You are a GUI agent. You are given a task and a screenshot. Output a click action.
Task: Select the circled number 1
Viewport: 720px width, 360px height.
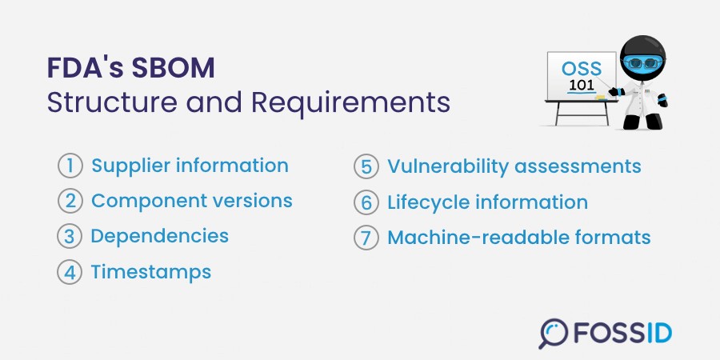click(70, 166)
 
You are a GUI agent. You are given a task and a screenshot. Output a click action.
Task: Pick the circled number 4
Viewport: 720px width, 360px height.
click(70, 272)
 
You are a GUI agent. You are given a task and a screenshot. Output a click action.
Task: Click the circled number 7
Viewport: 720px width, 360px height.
click(366, 238)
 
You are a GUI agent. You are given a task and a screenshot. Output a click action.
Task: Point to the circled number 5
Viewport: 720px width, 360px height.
click(366, 166)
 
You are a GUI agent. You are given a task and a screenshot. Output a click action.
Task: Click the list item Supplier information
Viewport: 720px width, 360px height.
click(190, 166)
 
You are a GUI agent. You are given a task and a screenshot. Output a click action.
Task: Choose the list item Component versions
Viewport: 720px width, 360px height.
click(192, 201)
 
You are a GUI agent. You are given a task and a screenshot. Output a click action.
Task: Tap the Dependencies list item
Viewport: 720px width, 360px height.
click(160, 236)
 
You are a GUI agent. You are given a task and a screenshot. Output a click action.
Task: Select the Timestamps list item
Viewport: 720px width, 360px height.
click(151, 272)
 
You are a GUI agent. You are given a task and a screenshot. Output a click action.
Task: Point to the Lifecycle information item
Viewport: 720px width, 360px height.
click(488, 202)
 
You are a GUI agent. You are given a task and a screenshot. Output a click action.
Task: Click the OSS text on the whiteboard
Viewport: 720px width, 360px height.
click(581, 69)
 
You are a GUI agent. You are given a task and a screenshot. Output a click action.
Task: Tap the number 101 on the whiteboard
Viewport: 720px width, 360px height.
click(582, 86)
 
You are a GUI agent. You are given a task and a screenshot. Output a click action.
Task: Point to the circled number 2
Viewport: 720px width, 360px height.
click(70, 201)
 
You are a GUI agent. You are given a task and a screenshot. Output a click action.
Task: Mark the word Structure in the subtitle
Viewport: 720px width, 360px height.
click(112, 104)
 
